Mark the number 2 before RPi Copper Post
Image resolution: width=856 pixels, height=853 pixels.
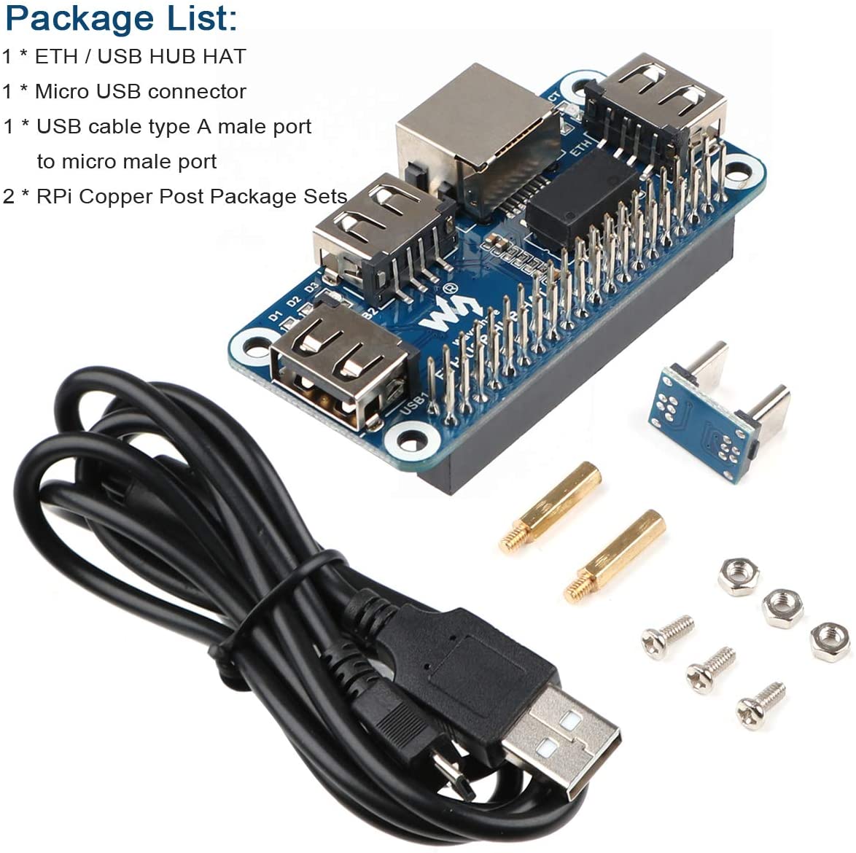9,196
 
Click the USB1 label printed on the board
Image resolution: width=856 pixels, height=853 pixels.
413,404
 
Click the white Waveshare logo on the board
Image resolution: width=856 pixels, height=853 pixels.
439,313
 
